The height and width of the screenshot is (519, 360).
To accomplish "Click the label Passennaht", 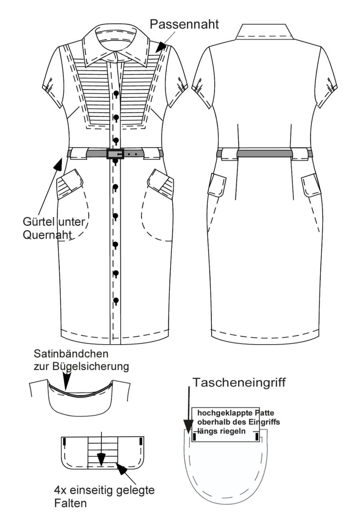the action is pos(184,25).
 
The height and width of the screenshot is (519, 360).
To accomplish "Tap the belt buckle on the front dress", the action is pos(115,154).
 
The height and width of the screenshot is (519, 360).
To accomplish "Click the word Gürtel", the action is pos(39,222).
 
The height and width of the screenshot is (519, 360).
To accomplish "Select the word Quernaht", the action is pos(47,235).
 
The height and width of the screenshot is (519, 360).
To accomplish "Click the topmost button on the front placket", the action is pos(116,93).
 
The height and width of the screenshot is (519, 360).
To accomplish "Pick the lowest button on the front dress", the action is pos(116,301).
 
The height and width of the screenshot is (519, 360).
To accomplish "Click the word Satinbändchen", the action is pos(71,354).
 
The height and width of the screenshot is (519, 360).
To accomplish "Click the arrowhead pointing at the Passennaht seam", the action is pos(161,47).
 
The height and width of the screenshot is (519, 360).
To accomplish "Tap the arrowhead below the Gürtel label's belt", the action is pos(58,164).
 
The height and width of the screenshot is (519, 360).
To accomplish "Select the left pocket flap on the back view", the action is pos(217,184).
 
